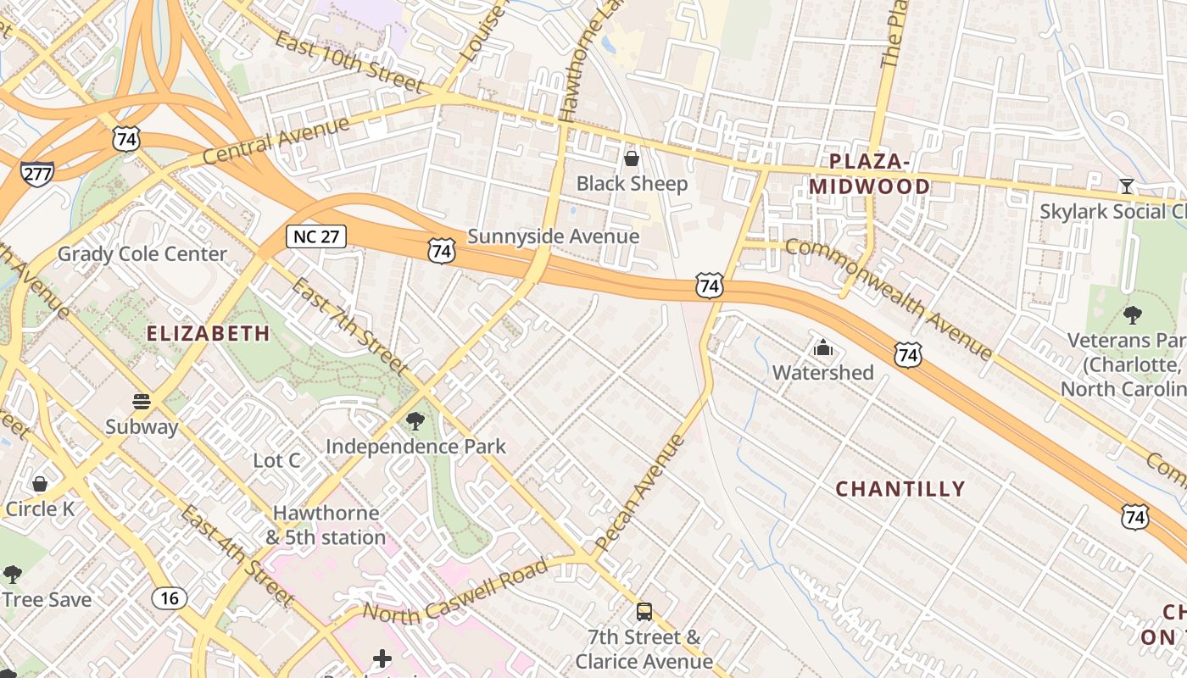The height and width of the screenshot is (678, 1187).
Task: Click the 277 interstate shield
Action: [37, 174]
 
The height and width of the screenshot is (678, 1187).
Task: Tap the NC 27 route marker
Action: [316, 236]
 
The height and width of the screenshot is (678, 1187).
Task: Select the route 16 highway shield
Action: [170, 598]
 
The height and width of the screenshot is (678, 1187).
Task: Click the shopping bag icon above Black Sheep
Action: [632, 158]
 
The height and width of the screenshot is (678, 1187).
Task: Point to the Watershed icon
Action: [822, 347]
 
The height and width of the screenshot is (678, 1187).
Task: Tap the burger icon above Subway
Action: [142, 401]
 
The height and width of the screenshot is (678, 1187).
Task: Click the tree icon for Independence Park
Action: [415, 421]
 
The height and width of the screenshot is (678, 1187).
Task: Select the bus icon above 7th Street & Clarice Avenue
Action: [644, 611]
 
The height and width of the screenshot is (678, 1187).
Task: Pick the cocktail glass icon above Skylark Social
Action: [1126, 186]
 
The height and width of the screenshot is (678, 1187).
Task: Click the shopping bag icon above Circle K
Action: [39, 484]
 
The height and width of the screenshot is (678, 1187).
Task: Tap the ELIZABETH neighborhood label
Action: [209, 334]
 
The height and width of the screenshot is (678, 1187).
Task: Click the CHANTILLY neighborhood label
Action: [900, 489]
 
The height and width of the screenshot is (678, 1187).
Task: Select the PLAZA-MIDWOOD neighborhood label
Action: [869, 174]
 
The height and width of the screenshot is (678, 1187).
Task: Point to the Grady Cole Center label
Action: [142, 254]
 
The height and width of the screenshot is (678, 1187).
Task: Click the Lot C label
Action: [277, 460]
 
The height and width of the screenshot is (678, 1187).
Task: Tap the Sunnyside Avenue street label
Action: [553, 236]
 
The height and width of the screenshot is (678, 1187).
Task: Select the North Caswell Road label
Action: [455, 590]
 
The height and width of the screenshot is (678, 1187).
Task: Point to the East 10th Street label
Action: [348, 64]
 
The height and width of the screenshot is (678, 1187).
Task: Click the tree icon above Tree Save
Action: [13, 575]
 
